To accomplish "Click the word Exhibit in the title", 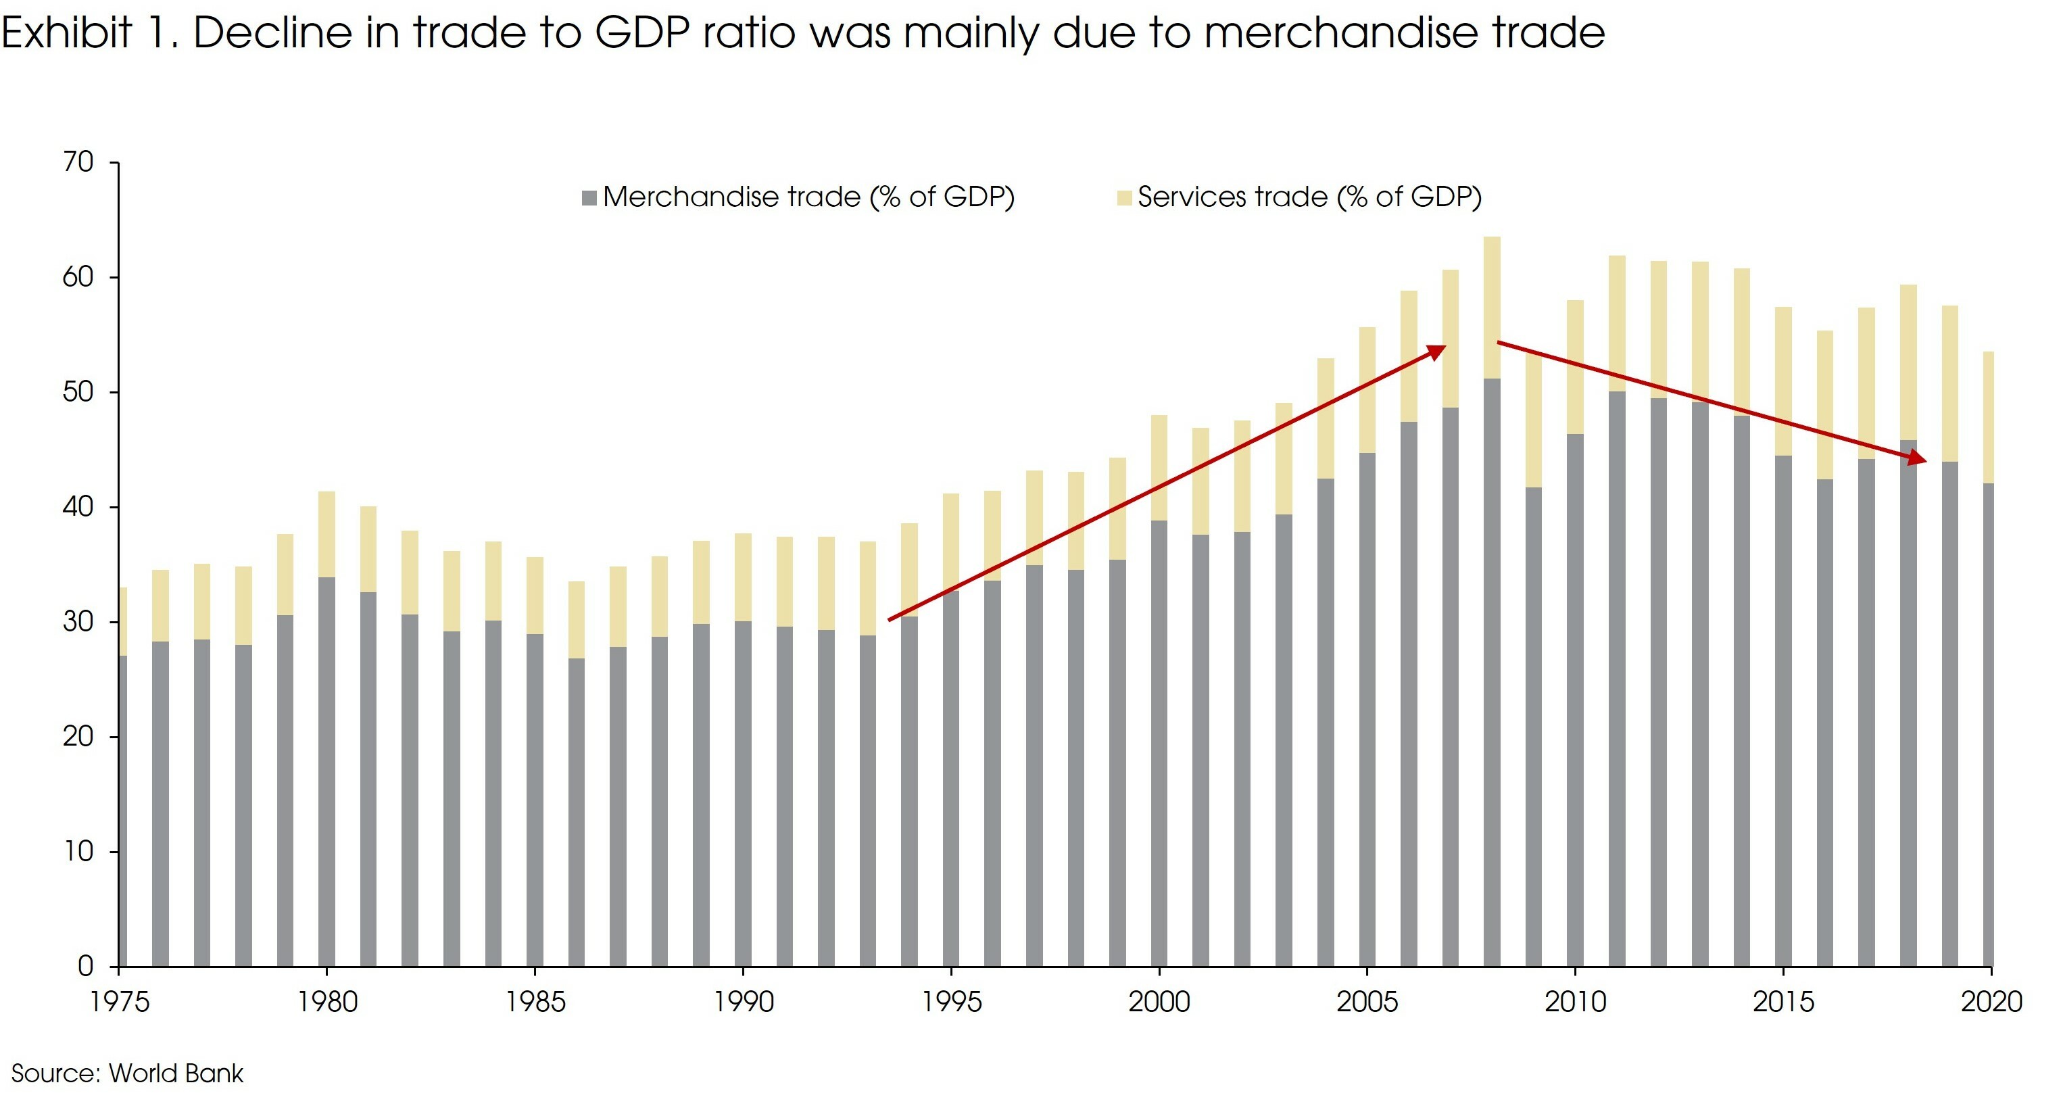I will click(66, 34).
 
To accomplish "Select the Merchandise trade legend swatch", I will click(589, 198).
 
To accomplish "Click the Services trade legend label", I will click(1309, 197).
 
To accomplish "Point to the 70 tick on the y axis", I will click(78, 163).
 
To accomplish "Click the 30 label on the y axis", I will click(78, 622).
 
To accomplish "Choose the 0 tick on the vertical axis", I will click(86, 966).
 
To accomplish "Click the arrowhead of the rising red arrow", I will click(1438, 351).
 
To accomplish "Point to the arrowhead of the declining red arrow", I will click(1918, 458).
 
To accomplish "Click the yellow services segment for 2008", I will click(1492, 308).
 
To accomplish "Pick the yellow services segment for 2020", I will click(1988, 417).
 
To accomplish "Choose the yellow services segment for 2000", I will click(1159, 468).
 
